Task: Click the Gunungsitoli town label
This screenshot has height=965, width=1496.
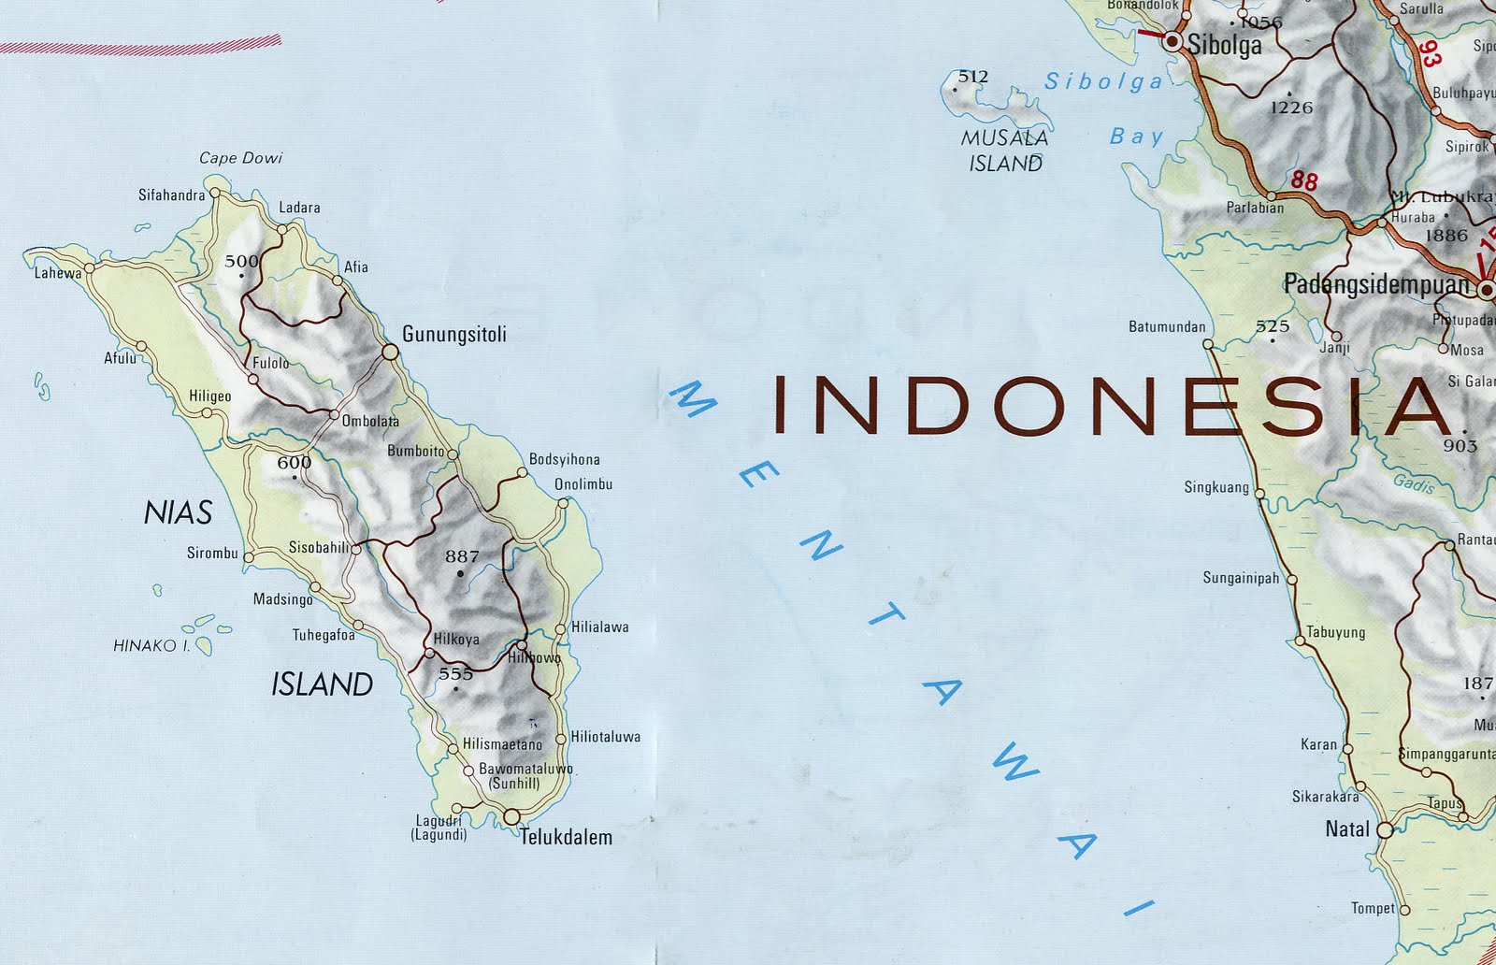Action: pyautogui.click(x=453, y=334)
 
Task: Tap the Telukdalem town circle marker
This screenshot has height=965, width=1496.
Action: pyautogui.click(x=511, y=817)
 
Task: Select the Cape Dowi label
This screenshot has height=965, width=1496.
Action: pyautogui.click(x=240, y=158)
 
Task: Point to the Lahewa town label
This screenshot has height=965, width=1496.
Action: pyautogui.click(x=58, y=274)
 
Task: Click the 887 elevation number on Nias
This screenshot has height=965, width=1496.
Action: pyautogui.click(x=462, y=556)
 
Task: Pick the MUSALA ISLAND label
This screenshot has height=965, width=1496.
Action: pyautogui.click(x=1005, y=151)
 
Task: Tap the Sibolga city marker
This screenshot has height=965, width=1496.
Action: pyautogui.click(x=1172, y=42)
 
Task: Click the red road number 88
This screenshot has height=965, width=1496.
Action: pyautogui.click(x=1304, y=180)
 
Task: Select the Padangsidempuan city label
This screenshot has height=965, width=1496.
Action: pyautogui.click(x=1376, y=284)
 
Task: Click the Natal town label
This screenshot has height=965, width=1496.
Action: pyautogui.click(x=1347, y=828)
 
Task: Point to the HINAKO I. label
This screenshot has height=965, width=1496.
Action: pyautogui.click(x=151, y=645)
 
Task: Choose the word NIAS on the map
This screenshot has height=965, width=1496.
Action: pyautogui.click(x=178, y=512)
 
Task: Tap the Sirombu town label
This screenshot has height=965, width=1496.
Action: pyautogui.click(x=212, y=554)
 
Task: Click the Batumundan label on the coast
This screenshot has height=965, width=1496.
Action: pyautogui.click(x=1167, y=327)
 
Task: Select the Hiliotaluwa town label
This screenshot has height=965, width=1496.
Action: pyautogui.click(x=605, y=737)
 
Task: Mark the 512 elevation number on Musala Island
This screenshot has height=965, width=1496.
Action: pyautogui.click(x=972, y=77)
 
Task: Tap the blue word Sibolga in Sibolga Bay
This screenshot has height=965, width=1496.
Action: pyautogui.click(x=1103, y=82)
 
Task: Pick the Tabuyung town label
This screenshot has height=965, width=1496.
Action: pyautogui.click(x=1335, y=632)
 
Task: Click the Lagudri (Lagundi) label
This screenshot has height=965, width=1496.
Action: pyautogui.click(x=439, y=828)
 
